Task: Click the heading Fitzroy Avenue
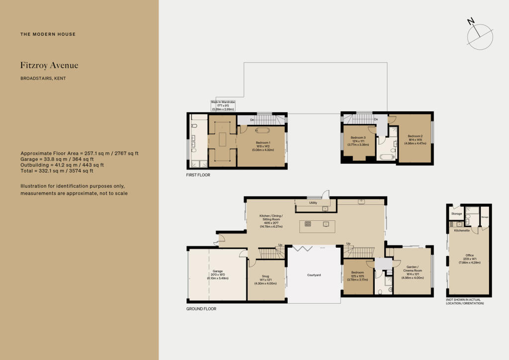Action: (49, 65)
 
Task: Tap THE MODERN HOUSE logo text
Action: (48, 34)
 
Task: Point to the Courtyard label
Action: (314, 274)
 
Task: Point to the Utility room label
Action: (313, 203)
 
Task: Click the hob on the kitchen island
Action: (308, 224)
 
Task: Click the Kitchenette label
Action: (462, 231)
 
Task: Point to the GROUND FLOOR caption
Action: (201, 309)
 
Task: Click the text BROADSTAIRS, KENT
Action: (43, 79)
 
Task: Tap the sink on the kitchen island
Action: (326, 224)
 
